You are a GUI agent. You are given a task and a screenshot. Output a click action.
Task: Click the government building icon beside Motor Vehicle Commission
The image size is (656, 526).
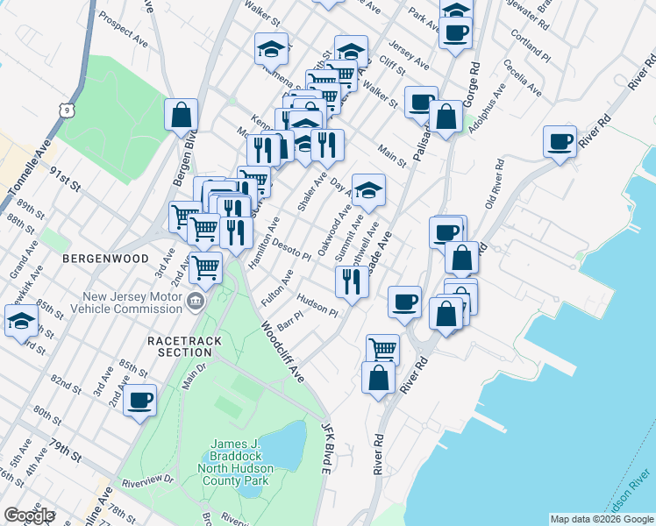click(x=194, y=303)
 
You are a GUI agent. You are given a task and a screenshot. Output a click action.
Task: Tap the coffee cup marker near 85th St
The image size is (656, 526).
click(x=140, y=401)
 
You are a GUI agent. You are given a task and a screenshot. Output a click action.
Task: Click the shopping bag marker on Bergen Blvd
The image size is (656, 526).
click(x=181, y=115)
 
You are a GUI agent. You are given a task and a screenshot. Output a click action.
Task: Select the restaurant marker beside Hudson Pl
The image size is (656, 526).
click(x=348, y=281)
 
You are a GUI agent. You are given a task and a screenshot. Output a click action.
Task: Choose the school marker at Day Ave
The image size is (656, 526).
click(x=369, y=189)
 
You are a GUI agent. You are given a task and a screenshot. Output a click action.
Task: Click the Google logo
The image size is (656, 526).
click(x=29, y=515)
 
